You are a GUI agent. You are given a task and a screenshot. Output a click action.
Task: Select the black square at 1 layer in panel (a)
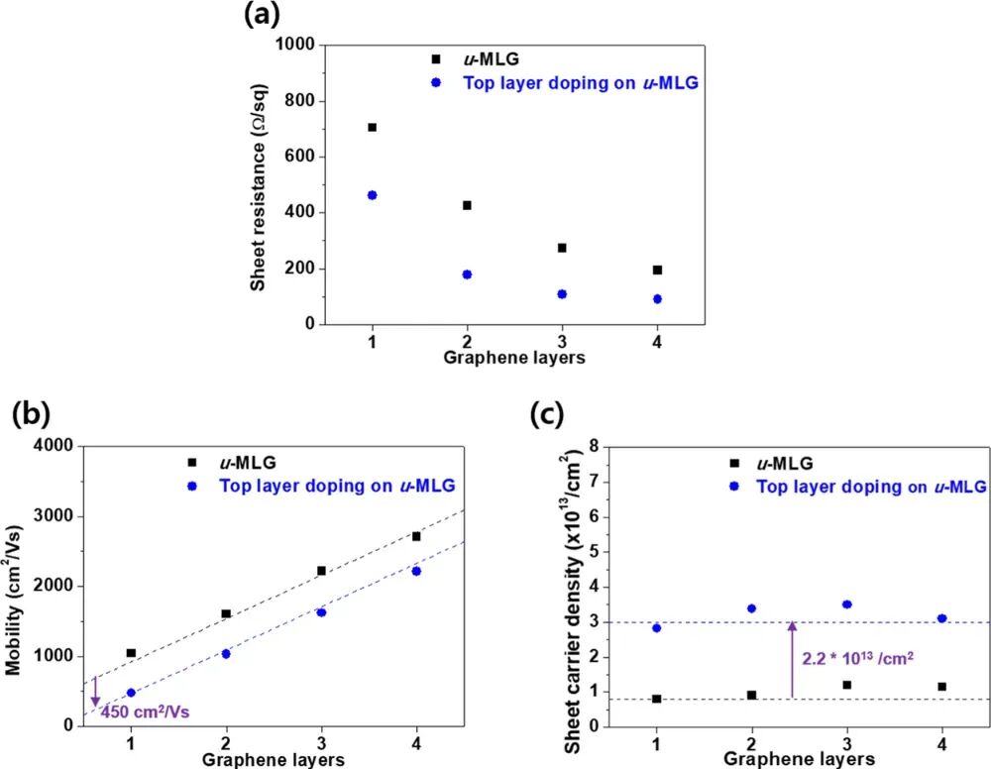[372, 127]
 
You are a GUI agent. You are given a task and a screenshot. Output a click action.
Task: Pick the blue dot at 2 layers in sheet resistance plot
[467, 275]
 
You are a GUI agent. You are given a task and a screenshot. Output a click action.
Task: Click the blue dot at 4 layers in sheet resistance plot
[657, 298]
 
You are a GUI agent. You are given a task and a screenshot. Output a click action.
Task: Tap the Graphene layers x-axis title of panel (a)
[515, 359]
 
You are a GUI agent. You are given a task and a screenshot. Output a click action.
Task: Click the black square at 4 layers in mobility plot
[416, 536]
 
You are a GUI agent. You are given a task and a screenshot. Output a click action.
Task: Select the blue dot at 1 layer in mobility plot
[131, 693]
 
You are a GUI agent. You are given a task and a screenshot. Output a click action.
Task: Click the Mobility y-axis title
[14, 586]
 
